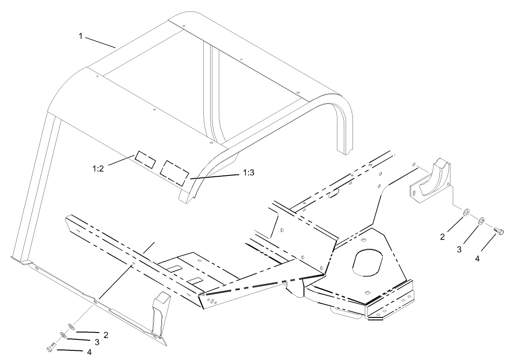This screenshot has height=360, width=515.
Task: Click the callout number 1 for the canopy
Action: pyautogui.click(x=81, y=36)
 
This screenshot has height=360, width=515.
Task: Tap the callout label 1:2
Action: pyautogui.click(x=98, y=168)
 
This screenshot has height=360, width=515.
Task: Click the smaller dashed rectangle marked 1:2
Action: pyautogui.click(x=144, y=158)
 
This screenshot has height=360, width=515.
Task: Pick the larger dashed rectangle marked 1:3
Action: pyautogui.click(x=174, y=172)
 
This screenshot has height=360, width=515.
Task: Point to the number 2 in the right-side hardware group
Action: pyautogui.click(x=442, y=237)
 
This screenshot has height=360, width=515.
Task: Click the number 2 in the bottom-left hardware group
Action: pyautogui.click(x=106, y=335)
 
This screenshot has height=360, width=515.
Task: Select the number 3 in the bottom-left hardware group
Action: pyautogui.click(x=97, y=342)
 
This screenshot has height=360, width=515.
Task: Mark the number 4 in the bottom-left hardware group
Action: pyautogui.click(x=89, y=352)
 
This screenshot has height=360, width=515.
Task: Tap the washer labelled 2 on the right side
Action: pyautogui.click(x=466, y=213)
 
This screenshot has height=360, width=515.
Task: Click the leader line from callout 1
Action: pyautogui.click(x=100, y=42)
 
